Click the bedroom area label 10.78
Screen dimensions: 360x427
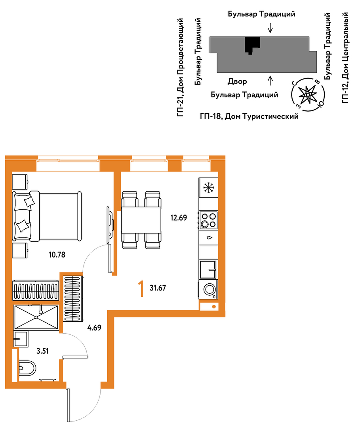(x=57, y=254)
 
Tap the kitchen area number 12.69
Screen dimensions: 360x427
(x=179, y=218)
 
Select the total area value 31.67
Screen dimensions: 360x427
(x=158, y=288)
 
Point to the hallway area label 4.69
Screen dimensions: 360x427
(x=94, y=328)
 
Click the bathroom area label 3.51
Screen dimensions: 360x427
(x=42, y=351)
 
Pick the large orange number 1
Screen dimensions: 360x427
(x=141, y=289)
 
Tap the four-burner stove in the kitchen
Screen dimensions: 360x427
(x=208, y=220)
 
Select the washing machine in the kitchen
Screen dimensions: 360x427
(x=208, y=289)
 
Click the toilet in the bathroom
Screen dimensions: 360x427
(x=27, y=369)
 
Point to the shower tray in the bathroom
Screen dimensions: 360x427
(x=36, y=317)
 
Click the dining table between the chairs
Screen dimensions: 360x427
(x=141, y=220)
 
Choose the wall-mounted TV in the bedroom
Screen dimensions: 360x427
(x=110, y=225)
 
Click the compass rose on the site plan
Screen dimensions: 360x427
(x=308, y=95)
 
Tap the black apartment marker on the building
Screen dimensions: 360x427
(x=252, y=45)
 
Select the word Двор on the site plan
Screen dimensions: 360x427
(x=237, y=82)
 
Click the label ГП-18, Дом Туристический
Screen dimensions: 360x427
(x=249, y=116)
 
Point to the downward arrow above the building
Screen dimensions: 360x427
(x=270, y=28)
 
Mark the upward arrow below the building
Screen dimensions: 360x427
(x=270, y=81)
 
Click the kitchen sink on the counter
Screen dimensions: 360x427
(x=208, y=269)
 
